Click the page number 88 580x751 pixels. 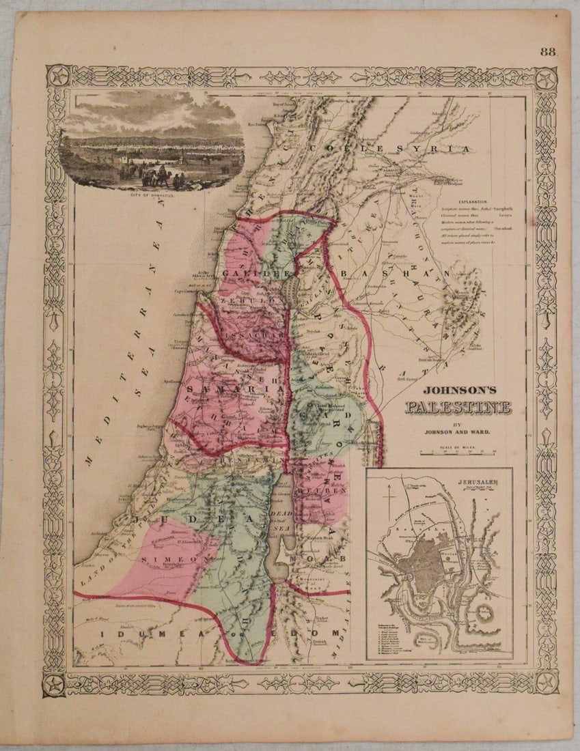pos(547,52)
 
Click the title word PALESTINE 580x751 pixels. pos(458,408)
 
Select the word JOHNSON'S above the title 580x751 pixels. pos(457,393)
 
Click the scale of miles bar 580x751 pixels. pos(458,452)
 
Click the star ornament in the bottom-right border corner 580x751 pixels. pos(546,681)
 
